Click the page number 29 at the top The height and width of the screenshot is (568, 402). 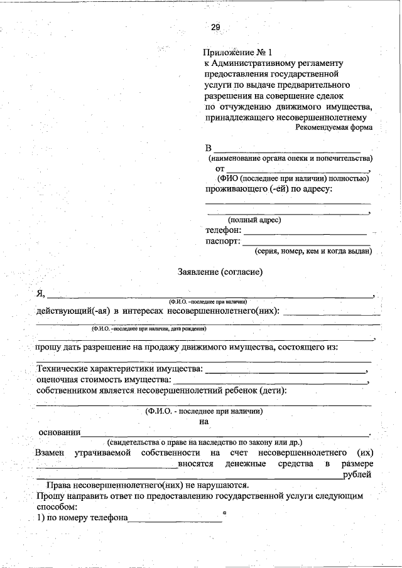pyautogui.click(x=215, y=27)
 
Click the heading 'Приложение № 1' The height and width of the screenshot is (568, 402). pyautogui.click(x=239, y=53)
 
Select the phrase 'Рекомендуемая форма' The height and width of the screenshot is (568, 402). pyautogui.click(x=334, y=127)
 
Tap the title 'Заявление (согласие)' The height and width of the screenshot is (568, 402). pyautogui.click(x=220, y=272)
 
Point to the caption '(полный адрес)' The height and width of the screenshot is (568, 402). pyautogui.click(x=254, y=220)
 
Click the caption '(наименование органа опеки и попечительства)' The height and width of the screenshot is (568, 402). pyautogui.click(x=290, y=159)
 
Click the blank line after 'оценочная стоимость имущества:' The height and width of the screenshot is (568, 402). pyautogui.click(x=270, y=382)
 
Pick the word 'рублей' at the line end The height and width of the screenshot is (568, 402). pyautogui.click(x=357, y=474)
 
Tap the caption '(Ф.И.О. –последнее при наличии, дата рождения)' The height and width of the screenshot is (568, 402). pyautogui.click(x=149, y=328)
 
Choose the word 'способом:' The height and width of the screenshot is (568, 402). pyautogui.click(x=57, y=506)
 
